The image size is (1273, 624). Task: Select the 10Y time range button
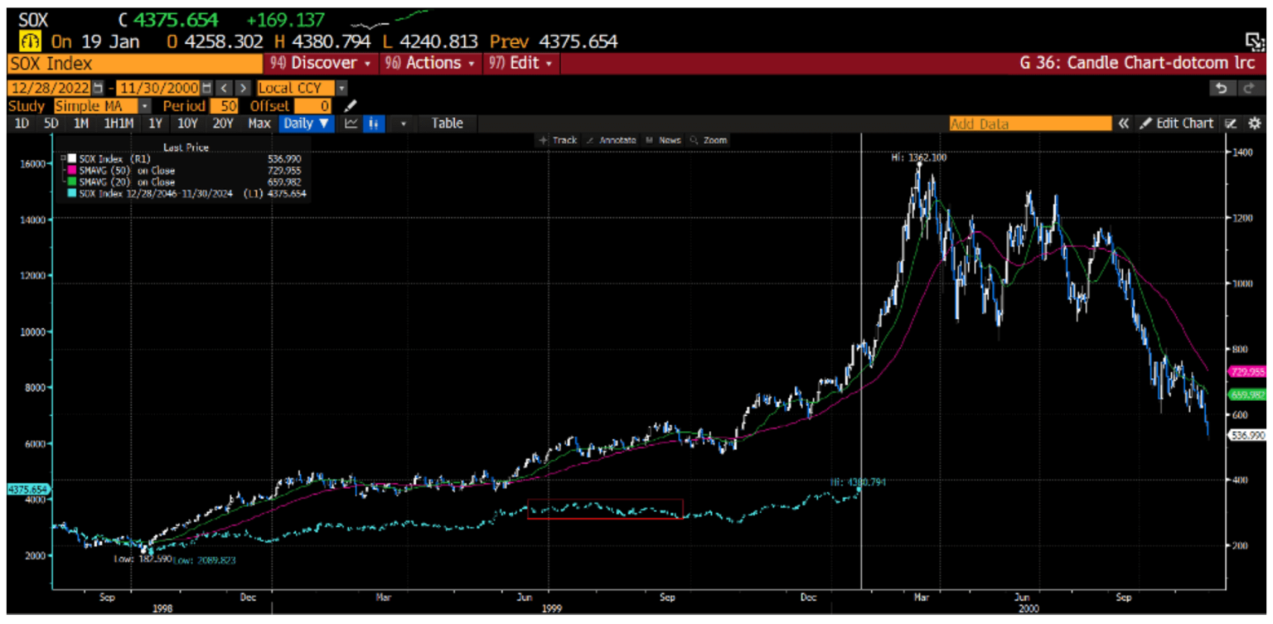coord(187,123)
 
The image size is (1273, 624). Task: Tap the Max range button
coord(259,123)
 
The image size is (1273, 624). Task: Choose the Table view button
coord(447,123)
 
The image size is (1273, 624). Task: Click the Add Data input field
coord(1029,123)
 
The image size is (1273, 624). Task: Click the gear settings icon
coord(1254,123)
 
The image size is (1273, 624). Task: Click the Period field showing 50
coord(222,106)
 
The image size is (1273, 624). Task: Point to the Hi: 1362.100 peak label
coord(918,157)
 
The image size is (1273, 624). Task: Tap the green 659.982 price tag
coord(1246,395)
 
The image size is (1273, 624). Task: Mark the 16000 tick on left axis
coord(32,163)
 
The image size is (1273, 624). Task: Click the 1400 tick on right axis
coord(1241,152)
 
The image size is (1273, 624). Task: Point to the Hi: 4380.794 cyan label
coord(858,481)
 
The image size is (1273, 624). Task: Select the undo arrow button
coord(1220,88)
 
